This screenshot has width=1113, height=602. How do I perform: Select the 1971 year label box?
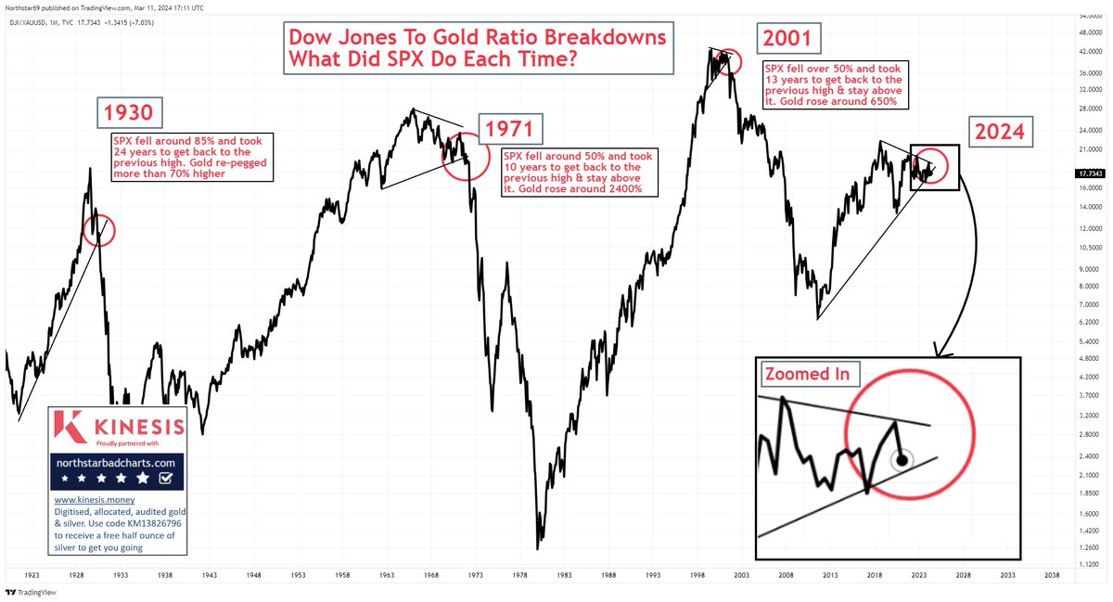(510, 128)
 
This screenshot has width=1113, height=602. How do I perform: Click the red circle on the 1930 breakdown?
(99, 229)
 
